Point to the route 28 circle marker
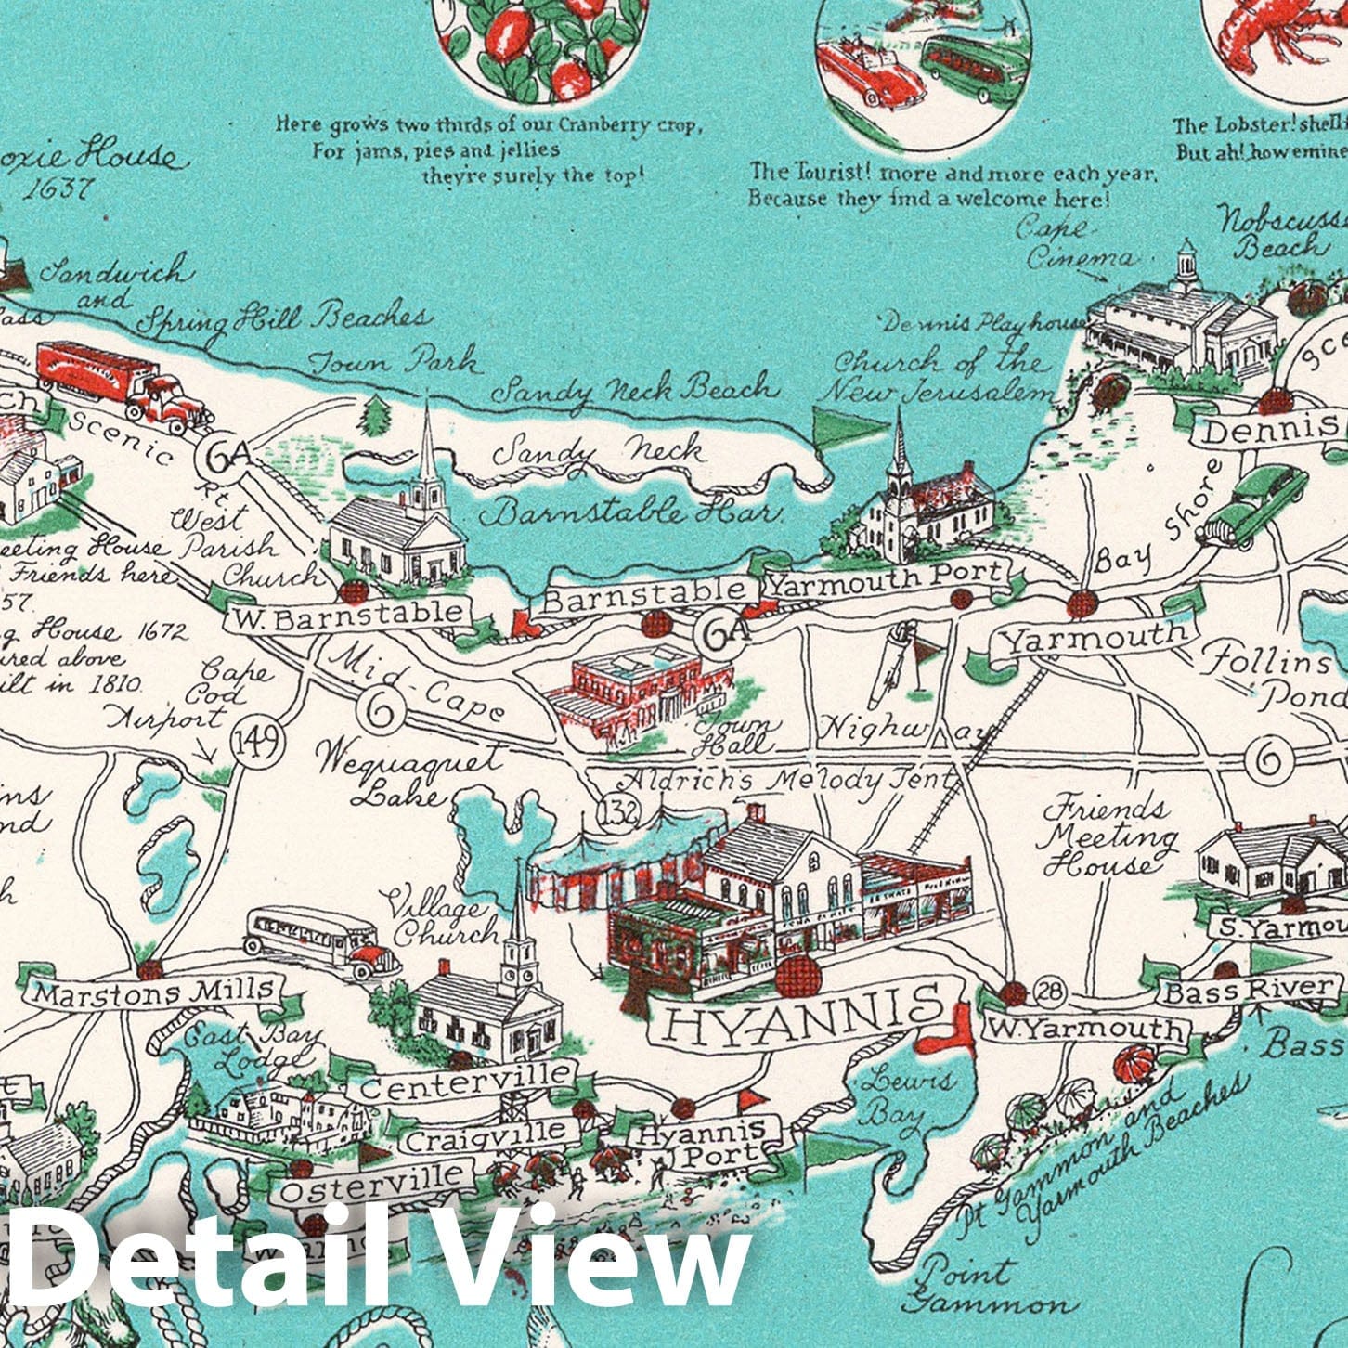1050,992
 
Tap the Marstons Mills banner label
155,993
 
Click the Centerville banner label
466,1080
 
